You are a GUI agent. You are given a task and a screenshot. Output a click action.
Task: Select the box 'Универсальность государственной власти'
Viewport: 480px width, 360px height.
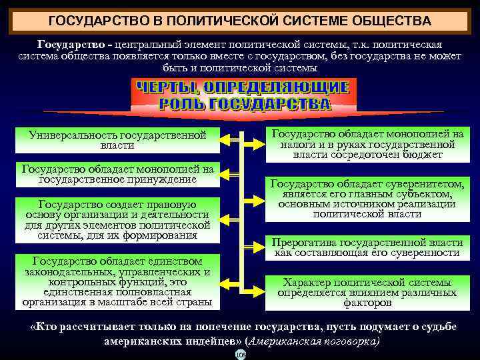click(x=117, y=140)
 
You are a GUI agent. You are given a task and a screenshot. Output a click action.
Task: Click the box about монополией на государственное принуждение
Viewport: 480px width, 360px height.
click(x=117, y=173)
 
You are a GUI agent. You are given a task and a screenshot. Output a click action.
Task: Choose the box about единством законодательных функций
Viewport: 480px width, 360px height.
click(x=117, y=281)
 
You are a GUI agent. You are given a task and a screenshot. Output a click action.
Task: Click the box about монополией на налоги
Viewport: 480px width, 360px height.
click(x=367, y=144)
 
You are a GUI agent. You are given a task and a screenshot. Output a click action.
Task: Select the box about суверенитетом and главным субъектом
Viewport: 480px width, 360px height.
click(x=367, y=199)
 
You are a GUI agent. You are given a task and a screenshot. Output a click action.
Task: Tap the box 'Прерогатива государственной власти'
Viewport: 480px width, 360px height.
click(x=367, y=247)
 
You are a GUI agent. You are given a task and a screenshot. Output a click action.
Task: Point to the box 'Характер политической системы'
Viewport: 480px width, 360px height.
click(x=367, y=292)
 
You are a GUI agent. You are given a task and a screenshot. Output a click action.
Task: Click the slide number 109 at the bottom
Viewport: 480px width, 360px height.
click(x=241, y=355)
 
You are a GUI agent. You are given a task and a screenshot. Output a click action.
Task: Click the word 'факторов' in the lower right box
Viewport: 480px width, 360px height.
click(x=367, y=303)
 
